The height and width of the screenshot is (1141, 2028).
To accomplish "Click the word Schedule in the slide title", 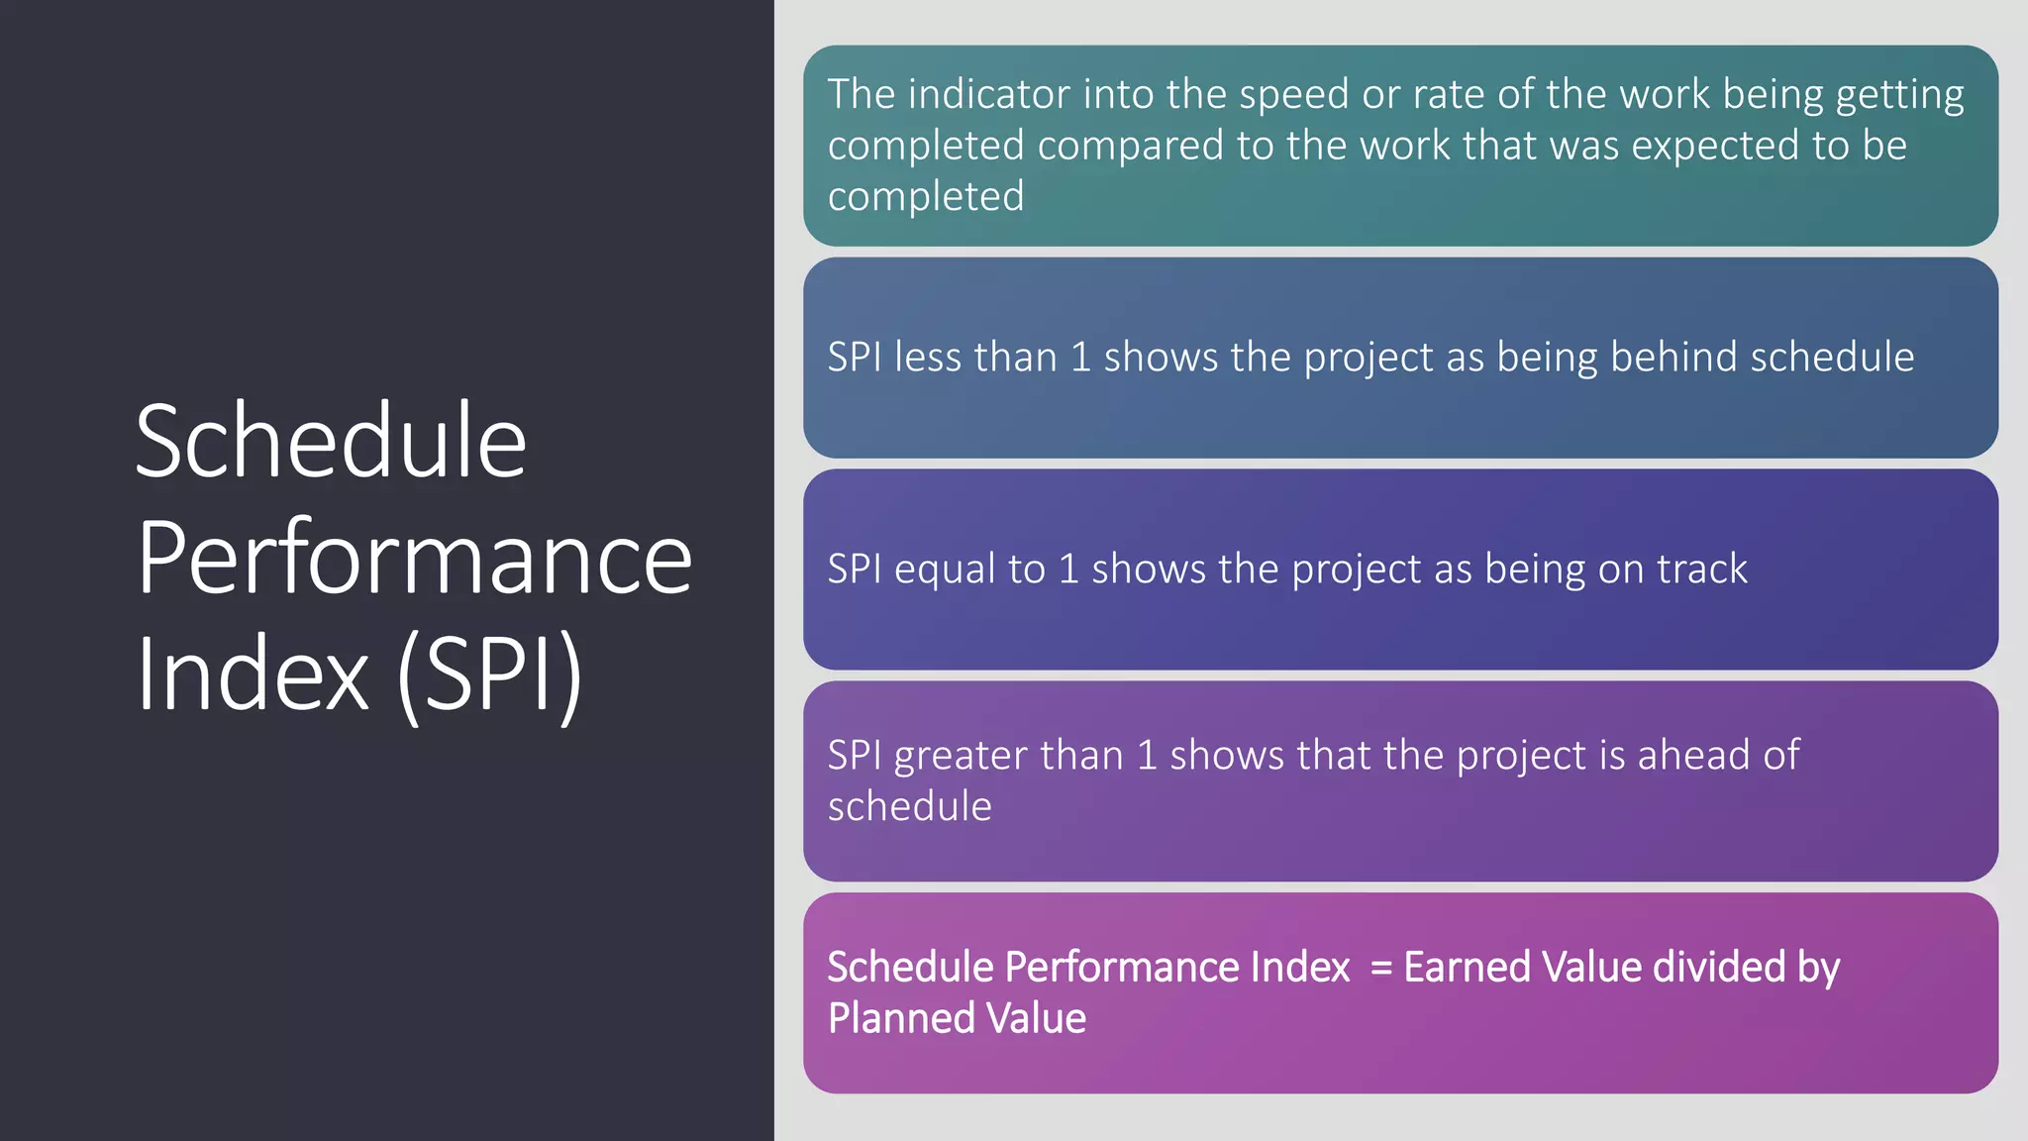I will point(330,442).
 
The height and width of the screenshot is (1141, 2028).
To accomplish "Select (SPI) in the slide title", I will point(489,674).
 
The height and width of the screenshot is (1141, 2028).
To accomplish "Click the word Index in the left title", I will point(253,674).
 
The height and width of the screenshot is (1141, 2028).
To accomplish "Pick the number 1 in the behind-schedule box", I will point(1081,358).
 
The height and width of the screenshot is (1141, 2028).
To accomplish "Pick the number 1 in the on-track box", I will point(1068,570).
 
